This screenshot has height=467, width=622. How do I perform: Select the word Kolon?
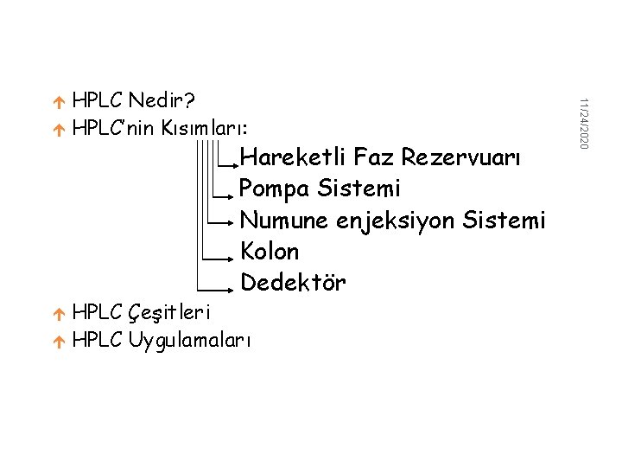(x=270, y=252)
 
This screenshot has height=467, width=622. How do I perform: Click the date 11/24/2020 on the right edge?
(x=583, y=121)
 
